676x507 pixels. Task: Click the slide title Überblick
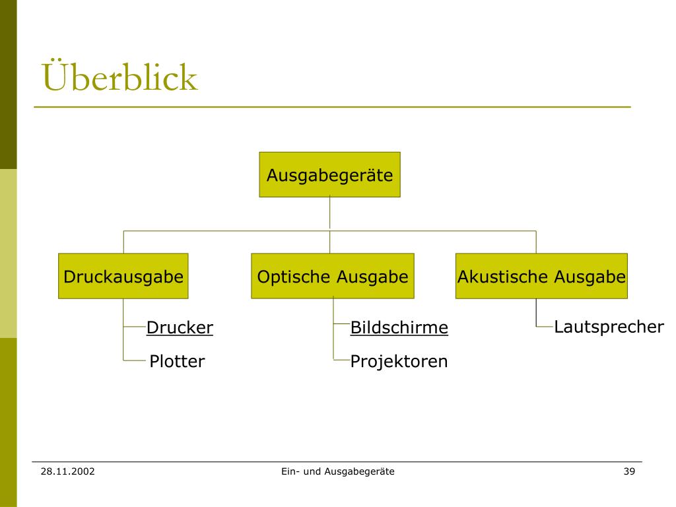[x=119, y=77]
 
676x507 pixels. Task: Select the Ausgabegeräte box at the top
[x=329, y=175]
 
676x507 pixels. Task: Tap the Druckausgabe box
[x=123, y=276]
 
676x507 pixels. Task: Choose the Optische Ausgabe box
[x=333, y=276]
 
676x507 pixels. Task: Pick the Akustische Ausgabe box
[x=541, y=276]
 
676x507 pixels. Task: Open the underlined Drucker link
[x=180, y=327]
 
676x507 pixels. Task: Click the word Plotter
[x=177, y=362]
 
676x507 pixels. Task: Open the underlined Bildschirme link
[x=399, y=327]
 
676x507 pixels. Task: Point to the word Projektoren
[x=399, y=362]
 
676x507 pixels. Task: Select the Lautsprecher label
[x=609, y=327]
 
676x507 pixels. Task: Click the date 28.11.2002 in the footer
[x=67, y=471]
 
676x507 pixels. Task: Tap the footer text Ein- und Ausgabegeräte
[x=337, y=471]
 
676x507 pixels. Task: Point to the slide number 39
[x=628, y=471]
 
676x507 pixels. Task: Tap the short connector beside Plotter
[x=134, y=360]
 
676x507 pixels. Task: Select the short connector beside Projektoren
[x=341, y=360]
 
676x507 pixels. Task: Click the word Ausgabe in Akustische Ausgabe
[x=589, y=276]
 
